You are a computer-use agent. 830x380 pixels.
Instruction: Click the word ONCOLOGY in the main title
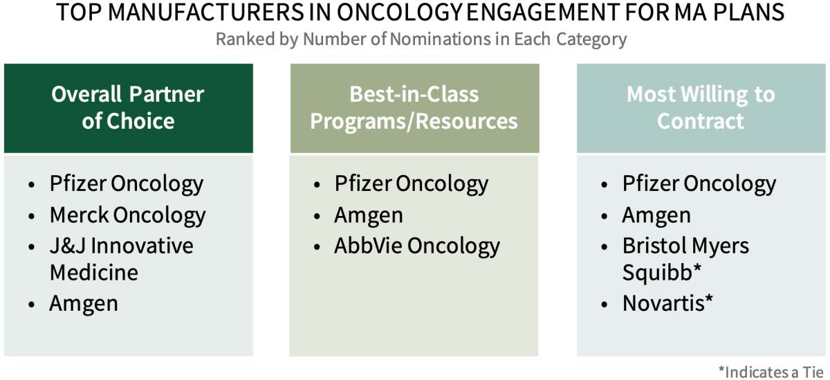point(400,12)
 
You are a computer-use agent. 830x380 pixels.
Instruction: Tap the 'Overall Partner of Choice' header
point(128,107)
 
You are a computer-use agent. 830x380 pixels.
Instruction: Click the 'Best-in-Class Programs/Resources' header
point(414,107)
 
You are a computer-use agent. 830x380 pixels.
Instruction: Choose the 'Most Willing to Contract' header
point(701,107)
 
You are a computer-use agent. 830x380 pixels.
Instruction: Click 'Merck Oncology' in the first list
point(127,216)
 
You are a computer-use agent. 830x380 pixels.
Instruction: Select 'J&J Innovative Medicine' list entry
point(122,259)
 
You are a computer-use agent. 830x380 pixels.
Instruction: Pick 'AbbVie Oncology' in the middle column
point(417,246)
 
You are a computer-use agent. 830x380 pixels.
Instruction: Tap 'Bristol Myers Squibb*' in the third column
point(685,259)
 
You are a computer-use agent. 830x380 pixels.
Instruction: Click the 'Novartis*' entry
point(667,303)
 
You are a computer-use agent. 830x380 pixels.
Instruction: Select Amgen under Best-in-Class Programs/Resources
point(368,216)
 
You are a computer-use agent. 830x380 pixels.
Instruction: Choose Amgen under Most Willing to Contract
point(656,216)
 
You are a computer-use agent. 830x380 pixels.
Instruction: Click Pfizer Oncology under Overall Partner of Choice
point(127,184)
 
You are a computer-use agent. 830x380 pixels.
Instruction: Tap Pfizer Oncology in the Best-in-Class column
point(412,184)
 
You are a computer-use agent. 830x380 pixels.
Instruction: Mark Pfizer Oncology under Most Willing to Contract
point(699,184)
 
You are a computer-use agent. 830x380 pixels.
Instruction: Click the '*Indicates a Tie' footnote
point(771,372)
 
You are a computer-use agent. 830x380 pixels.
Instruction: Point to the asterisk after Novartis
point(709,298)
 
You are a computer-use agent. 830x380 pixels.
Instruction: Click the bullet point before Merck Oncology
point(32,216)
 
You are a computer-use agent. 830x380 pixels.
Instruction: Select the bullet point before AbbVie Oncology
point(317,247)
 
